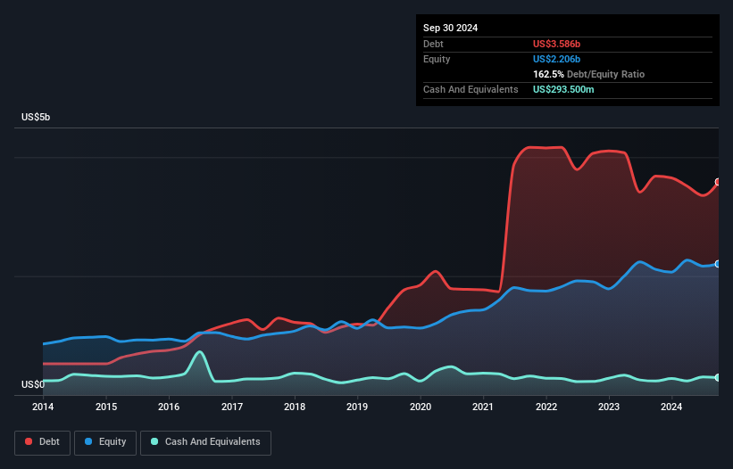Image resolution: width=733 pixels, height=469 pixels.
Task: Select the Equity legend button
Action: pyautogui.click(x=105, y=442)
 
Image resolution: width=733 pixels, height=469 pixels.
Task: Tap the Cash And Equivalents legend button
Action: pyautogui.click(x=205, y=442)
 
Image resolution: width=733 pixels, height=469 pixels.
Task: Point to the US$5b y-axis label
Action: pyautogui.click(x=42, y=118)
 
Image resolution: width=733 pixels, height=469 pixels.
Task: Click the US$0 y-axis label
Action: pyautogui.click(x=32, y=385)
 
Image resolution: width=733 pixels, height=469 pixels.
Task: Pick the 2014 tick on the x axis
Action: pyautogui.click(x=43, y=407)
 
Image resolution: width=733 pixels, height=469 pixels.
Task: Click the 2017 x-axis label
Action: pyautogui.click(x=232, y=407)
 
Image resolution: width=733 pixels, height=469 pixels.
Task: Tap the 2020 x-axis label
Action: pyautogui.click(x=421, y=407)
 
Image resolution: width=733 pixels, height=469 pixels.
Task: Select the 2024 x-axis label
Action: pyautogui.click(x=671, y=407)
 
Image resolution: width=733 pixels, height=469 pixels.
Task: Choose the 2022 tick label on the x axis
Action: pyautogui.click(x=546, y=407)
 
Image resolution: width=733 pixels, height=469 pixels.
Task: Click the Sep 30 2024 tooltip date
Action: pyautogui.click(x=450, y=28)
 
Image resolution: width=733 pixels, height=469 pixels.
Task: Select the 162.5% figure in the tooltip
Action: pyautogui.click(x=548, y=74)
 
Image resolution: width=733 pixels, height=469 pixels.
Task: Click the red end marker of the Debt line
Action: pyautogui.click(x=718, y=182)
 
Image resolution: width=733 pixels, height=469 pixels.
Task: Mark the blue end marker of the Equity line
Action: pyautogui.click(x=718, y=264)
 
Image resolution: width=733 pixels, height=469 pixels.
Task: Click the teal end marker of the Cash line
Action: pyautogui.click(x=718, y=378)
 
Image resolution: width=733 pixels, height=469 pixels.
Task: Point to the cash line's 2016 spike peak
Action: pyautogui.click(x=200, y=351)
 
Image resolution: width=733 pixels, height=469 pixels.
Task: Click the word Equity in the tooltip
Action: pyautogui.click(x=437, y=59)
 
